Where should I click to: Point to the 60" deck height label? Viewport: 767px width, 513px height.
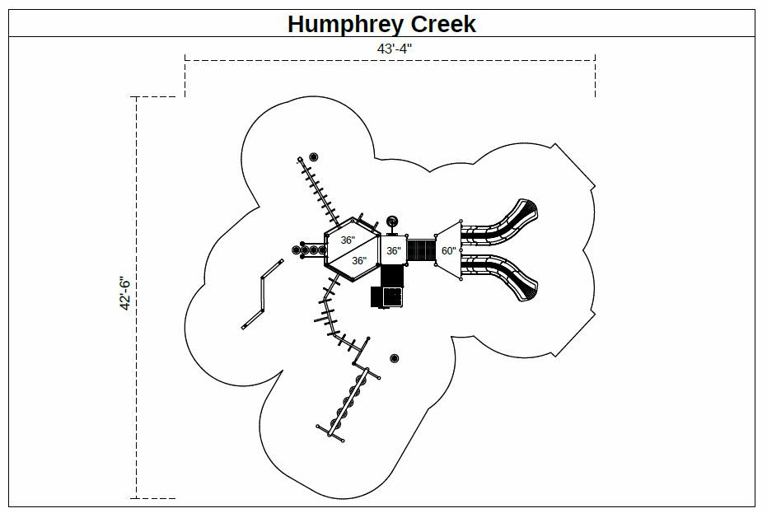[448, 250]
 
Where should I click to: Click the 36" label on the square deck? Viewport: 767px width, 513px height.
[393, 250]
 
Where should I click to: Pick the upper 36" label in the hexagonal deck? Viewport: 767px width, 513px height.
[348, 240]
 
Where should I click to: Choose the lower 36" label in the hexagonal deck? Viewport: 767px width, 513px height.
[359, 260]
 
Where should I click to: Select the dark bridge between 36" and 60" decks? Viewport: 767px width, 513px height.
[421, 250]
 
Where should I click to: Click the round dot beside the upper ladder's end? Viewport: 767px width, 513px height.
[313, 157]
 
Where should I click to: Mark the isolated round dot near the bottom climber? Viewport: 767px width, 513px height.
[395, 358]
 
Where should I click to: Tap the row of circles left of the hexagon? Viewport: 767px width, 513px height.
[308, 249]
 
